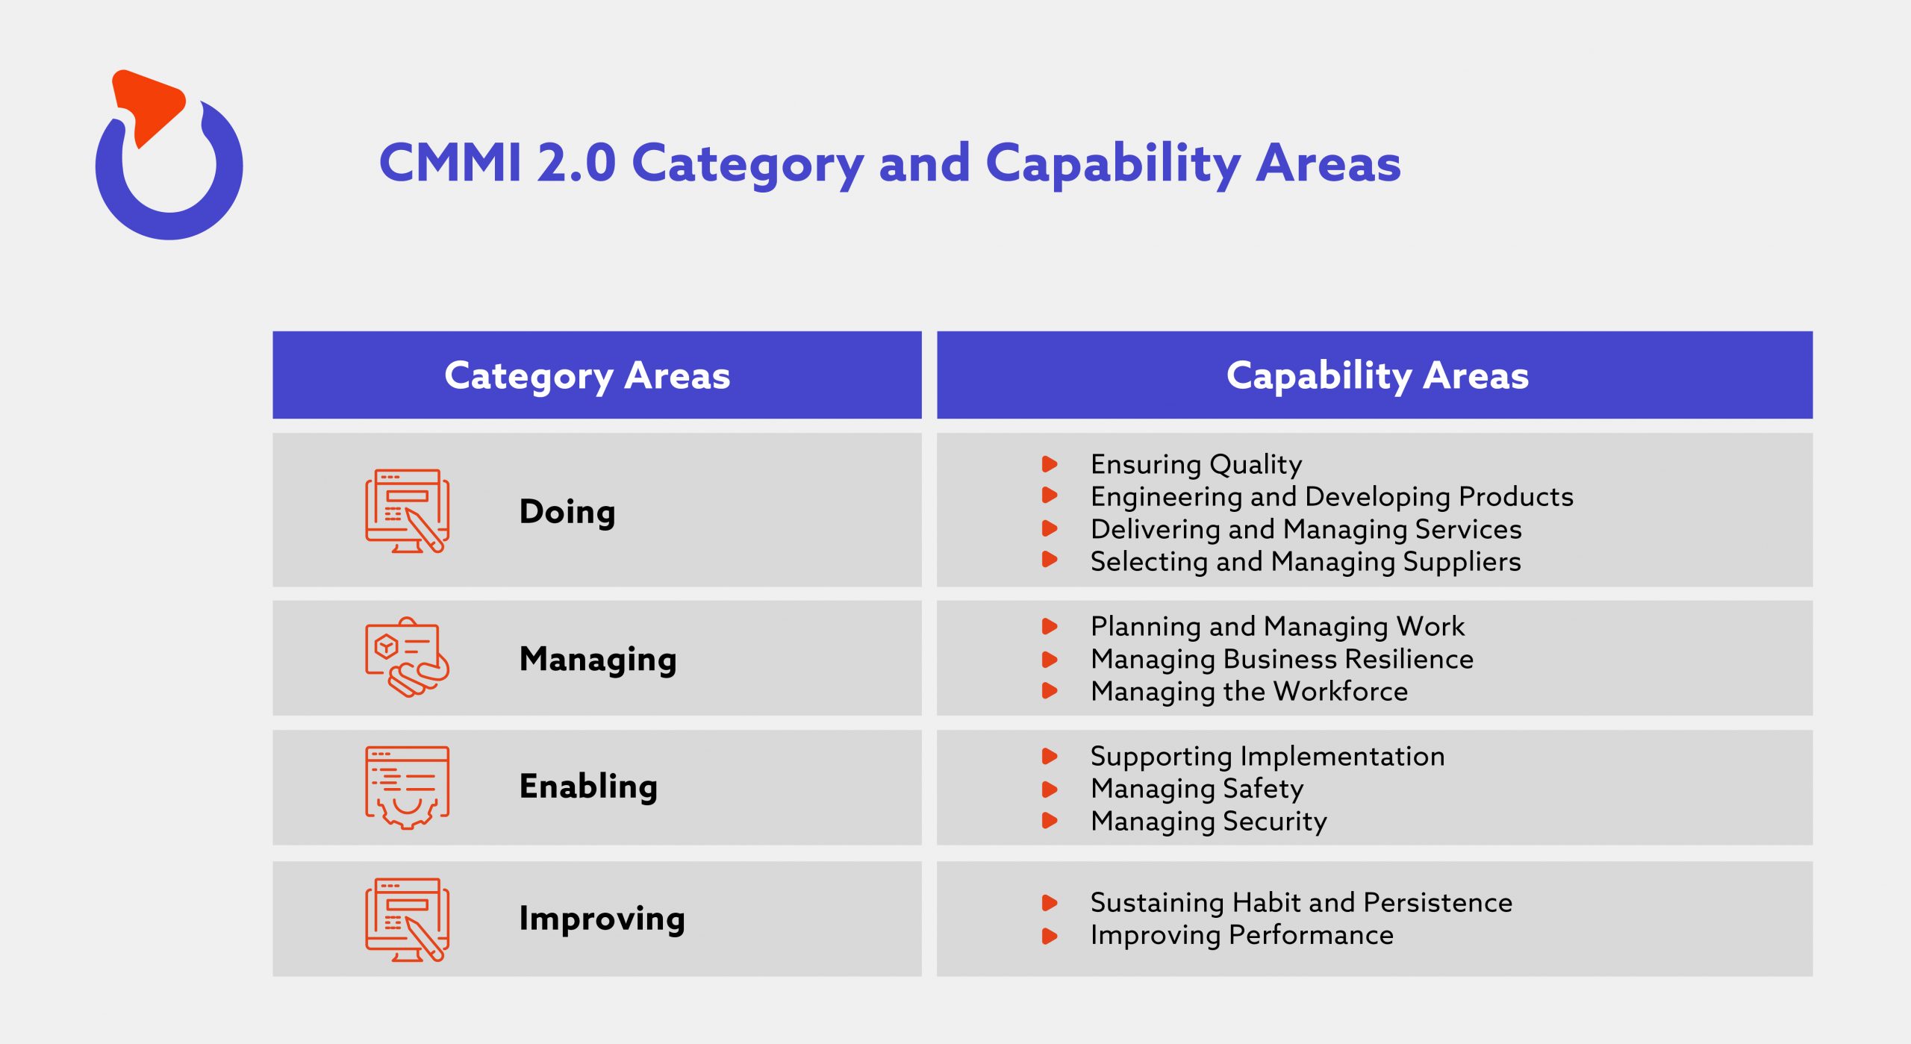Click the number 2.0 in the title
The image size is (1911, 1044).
tap(576, 163)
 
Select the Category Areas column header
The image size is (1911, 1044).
tap(587, 375)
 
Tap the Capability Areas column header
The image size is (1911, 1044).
tap(1377, 375)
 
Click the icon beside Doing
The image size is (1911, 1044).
tap(407, 511)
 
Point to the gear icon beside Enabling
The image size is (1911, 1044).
tap(407, 787)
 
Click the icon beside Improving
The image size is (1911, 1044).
tap(407, 919)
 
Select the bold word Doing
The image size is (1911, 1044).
tap(567, 512)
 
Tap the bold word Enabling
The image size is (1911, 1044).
tap(588, 787)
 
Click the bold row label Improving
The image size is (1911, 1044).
tap(602, 919)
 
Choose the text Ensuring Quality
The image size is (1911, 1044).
tap(1196, 464)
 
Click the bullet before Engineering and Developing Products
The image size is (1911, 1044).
tap(1050, 495)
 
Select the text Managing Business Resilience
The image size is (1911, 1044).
tap(1282, 659)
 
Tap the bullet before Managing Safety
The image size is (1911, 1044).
tap(1050, 789)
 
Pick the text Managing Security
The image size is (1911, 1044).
tap(1209, 822)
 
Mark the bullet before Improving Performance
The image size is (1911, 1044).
tap(1050, 936)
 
